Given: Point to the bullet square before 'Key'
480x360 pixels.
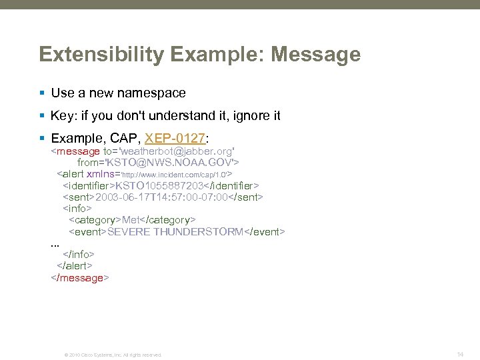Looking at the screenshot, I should [43, 115].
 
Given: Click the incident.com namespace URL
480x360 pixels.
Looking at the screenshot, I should [174, 174].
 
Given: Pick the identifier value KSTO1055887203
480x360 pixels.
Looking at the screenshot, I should [159, 185].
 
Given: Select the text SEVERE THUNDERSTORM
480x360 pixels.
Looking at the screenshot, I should [176, 231].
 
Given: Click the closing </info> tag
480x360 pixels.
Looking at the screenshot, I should [78, 255].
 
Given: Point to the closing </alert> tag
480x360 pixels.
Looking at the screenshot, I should [74, 266].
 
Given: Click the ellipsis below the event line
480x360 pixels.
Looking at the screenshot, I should [55, 245].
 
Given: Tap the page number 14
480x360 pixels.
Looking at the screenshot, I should [460, 354].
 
